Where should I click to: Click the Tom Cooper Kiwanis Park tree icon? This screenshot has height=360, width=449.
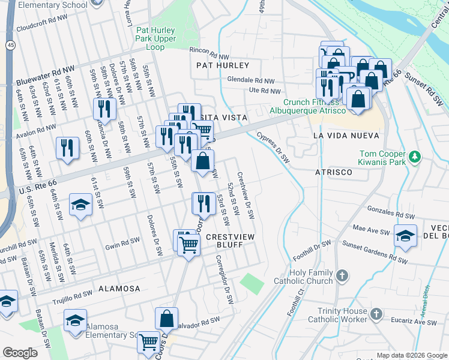coord(414,157)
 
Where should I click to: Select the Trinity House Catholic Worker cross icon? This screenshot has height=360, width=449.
coord(376,314)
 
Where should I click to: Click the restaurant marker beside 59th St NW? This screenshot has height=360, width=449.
coord(105,109)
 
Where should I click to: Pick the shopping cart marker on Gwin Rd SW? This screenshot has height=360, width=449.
coord(188,244)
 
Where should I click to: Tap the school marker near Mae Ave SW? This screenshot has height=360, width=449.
coord(405,235)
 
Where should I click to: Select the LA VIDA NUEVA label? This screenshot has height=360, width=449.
coord(348,136)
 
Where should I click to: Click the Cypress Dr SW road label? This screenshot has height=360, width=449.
coord(273,148)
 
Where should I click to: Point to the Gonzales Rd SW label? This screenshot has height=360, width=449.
coord(391,211)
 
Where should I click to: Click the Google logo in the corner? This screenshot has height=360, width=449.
coord(20,353)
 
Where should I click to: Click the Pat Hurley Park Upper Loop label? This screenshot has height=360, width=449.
coord(159,38)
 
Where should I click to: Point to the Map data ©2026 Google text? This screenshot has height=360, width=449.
coord(411,355)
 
